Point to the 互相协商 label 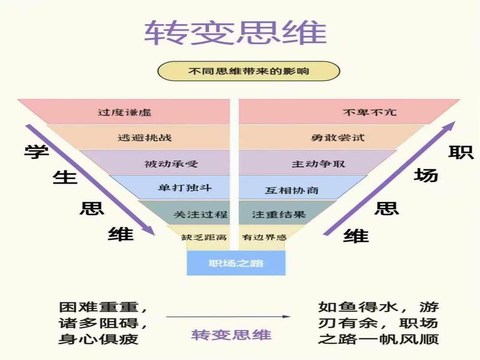292,190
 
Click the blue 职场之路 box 236,263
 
